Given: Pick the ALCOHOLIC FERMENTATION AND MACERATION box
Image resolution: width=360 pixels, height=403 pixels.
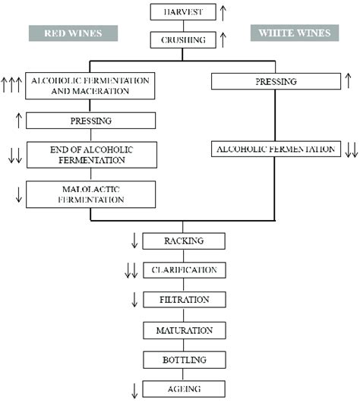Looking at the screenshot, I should coord(90,85).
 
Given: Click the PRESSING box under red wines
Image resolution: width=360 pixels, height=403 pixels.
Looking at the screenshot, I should coord(90,121).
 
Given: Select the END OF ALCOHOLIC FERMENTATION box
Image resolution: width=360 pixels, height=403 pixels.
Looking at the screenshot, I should coord(90,155).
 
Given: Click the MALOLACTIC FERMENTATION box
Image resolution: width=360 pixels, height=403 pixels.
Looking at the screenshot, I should coord(90,194).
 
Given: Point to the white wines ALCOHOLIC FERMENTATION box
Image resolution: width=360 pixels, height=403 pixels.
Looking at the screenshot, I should coord(274,150).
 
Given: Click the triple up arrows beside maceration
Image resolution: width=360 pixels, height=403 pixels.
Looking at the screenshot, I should coord(11,85).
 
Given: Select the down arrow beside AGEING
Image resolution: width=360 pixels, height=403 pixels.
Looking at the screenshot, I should coord(135,390).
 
